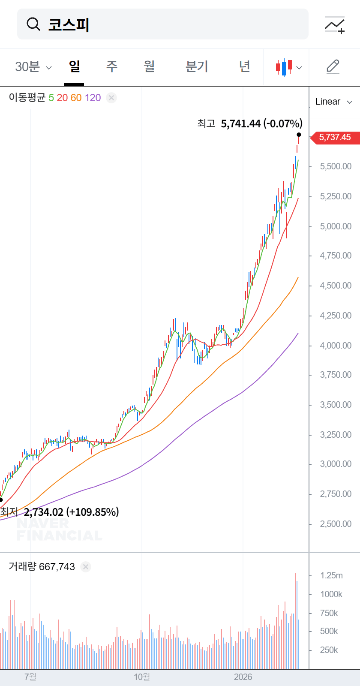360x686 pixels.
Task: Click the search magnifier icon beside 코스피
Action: pos(33,24)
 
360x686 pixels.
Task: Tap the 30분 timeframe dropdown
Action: pos(33,67)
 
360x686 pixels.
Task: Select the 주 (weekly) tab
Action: pos(111,66)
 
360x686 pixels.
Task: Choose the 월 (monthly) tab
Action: pos(149,66)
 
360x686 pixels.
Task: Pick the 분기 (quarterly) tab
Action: pos(197,66)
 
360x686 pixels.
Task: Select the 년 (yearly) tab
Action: pos(244,66)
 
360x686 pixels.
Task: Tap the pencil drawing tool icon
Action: pos(333,66)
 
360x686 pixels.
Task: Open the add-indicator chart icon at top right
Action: pos(335,25)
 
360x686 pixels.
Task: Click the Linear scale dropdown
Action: pos(334,102)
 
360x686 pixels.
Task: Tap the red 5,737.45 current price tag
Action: pos(335,137)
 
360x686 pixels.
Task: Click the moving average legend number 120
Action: pos(93,98)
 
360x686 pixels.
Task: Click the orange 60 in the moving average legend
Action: pos(76,98)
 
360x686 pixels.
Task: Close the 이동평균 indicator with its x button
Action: pos(111,98)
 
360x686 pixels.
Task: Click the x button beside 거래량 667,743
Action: pos(86,567)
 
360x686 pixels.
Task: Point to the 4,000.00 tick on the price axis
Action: pos(336,346)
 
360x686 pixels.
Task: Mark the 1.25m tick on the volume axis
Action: pos(331,575)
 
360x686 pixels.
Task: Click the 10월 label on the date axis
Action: pos(142,677)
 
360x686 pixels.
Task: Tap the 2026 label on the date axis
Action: pos(243,677)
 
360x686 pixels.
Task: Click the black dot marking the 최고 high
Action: pos(299,135)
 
